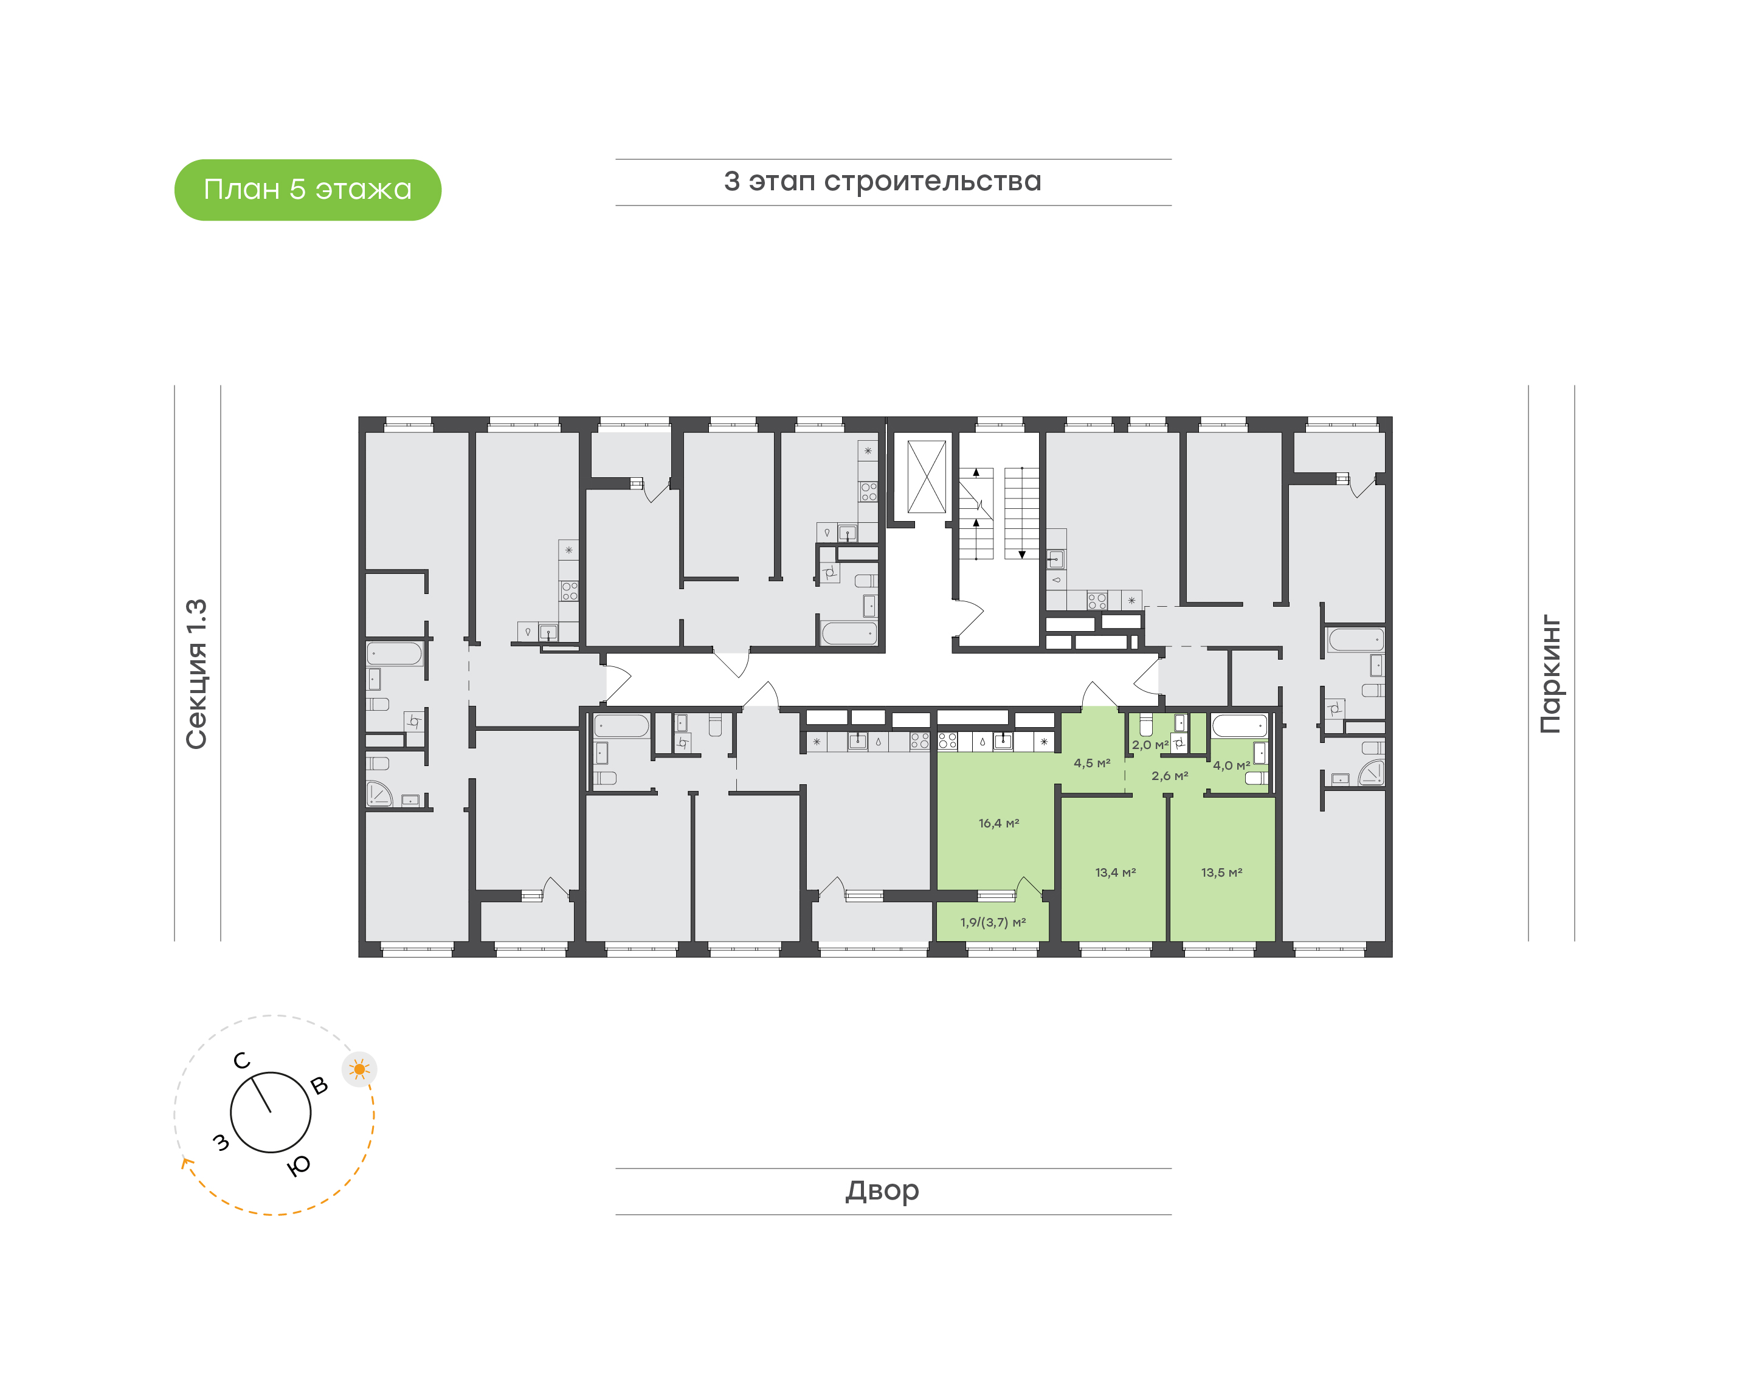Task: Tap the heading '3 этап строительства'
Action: coord(882,182)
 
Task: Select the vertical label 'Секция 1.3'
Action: coord(197,674)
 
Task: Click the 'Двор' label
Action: coord(882,1190)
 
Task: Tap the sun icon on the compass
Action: coord(359,1069)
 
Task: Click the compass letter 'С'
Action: coord(241,1061)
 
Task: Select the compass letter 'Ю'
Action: coord(299,1165)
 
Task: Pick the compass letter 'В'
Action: coord(319,1086)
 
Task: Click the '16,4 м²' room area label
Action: coord(998,823)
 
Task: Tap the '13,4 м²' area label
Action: coord(1115,872)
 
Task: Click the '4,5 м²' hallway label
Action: coord(1091,762)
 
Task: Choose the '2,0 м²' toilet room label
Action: coord(1149,745)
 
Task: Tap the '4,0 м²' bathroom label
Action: coord(1231,765)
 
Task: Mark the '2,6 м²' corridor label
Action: coord(1170,776)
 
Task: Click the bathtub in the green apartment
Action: coord(1240,726)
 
